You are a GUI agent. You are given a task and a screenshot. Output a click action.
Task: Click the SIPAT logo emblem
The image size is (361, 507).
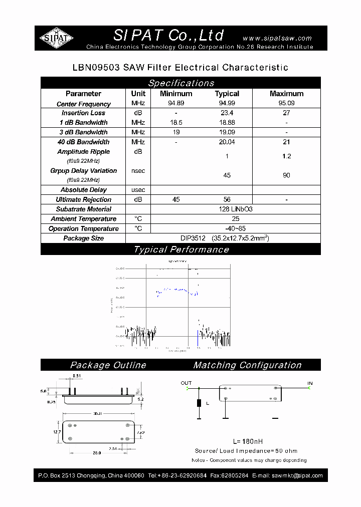coord(57,38)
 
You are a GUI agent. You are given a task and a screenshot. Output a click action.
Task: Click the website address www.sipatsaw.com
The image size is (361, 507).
coord(277,38)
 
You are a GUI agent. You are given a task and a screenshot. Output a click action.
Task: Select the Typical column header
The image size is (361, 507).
coord(227,94)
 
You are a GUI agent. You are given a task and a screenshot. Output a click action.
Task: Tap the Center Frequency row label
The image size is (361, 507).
coord(83,104)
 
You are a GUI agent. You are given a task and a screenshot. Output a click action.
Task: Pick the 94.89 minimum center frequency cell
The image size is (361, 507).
coord(175,104)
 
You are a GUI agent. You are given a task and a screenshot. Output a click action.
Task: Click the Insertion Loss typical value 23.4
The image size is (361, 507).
coord(227,113)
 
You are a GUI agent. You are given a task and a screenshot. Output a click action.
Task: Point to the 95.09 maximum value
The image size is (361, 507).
coord(286,104)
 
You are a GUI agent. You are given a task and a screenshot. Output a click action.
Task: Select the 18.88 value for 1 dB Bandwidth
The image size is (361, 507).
coord(227,123)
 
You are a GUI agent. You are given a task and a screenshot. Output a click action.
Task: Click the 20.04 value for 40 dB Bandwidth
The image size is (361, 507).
coord(227,142)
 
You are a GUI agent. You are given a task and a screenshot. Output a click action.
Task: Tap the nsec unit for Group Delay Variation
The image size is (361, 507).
coord(138,171)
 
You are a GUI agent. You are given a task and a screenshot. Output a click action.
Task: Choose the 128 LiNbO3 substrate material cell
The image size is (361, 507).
coord(236,209)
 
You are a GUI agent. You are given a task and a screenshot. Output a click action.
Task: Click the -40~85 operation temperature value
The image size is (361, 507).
coord(236,229)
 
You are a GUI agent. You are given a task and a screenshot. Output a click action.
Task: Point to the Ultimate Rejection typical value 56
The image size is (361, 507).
coord(227,200)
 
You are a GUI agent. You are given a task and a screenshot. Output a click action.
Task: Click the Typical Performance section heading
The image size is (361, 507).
coord(181,249)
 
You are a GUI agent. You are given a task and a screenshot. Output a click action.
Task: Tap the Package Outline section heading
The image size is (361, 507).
coord(108,365)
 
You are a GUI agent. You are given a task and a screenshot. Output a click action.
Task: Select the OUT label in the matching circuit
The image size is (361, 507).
coord(186,383)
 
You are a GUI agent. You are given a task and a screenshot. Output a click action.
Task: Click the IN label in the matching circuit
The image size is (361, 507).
coord(310,383)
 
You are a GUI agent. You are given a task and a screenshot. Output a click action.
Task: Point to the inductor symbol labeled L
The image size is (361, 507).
coord(199,403)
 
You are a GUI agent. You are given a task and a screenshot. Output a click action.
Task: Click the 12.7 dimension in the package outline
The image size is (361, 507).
coord(57,432)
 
